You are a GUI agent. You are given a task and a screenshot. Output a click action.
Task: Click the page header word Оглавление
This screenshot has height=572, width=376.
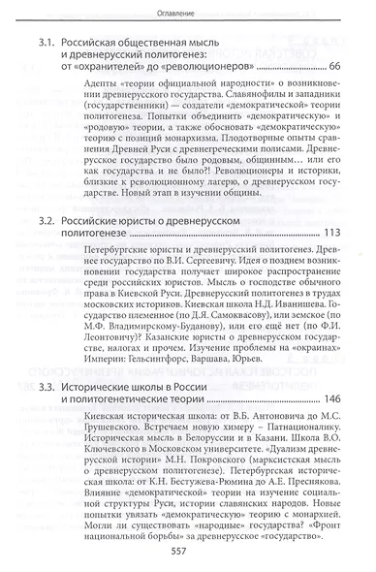tap(187, 13)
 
